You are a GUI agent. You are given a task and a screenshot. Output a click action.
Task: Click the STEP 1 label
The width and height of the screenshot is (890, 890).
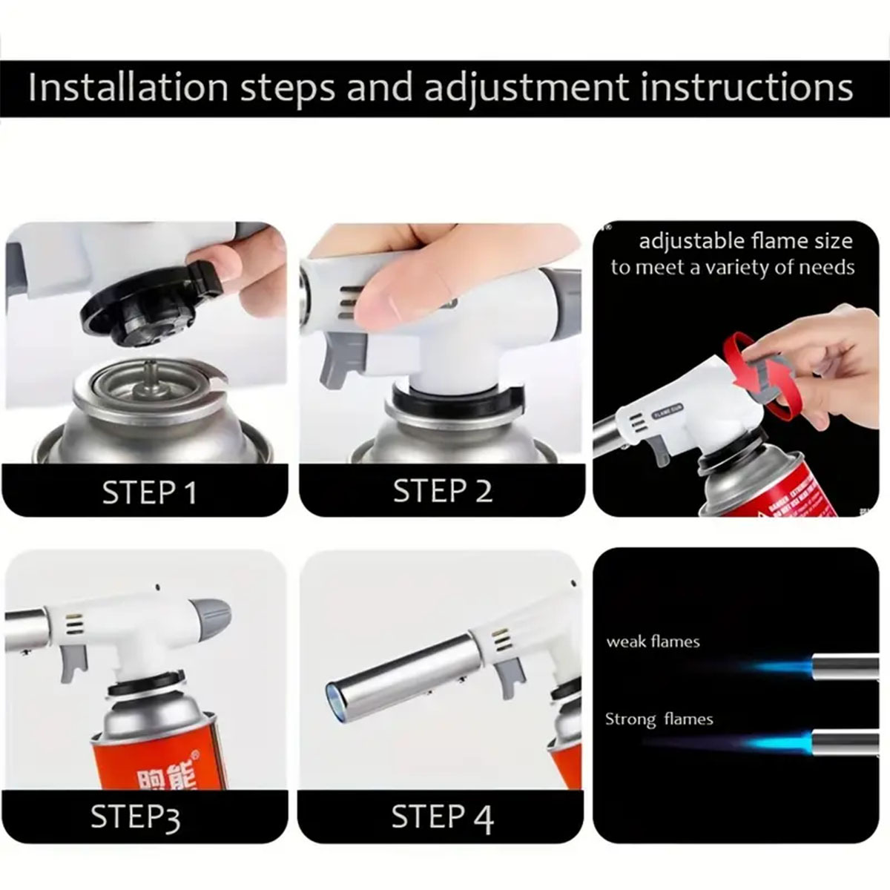coord(149,492)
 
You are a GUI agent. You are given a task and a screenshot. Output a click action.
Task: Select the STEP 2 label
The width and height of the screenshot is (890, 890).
coord(442,491)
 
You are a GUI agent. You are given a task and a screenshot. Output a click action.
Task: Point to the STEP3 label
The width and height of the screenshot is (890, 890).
coord(135,817)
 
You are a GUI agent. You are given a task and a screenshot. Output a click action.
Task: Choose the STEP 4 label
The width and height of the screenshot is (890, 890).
coord(442,817)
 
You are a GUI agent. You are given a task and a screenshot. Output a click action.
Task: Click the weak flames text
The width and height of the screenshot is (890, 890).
coord(653,642)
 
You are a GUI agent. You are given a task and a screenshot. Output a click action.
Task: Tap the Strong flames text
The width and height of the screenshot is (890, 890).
coord(659,719)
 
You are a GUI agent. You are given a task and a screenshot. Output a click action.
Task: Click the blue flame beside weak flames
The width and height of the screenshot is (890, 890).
coord(779,666)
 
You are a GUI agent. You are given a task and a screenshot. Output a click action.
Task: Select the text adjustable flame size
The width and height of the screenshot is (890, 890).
coord(745,241)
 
